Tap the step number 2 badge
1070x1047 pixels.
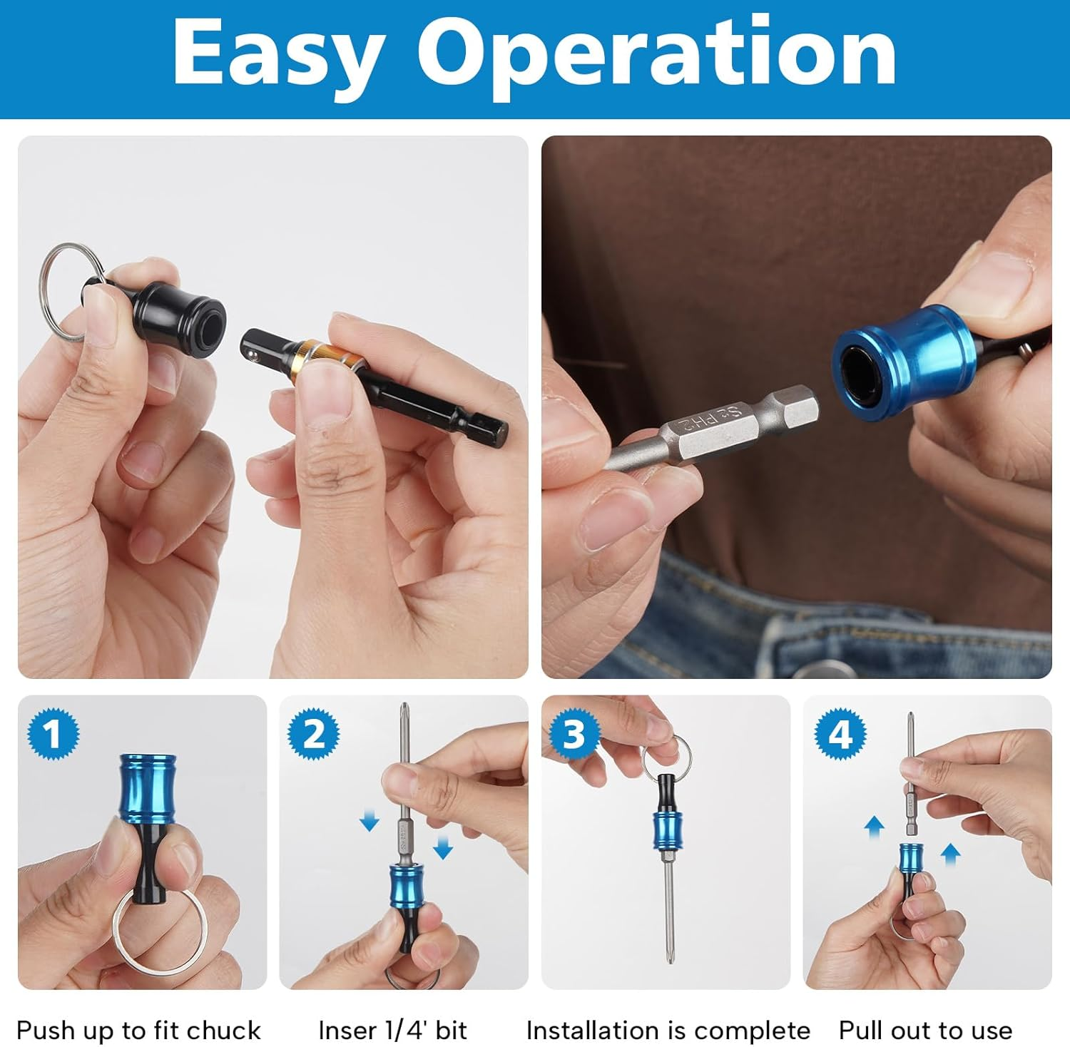click(x=314, y=734)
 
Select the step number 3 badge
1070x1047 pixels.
click(x=574, y=734)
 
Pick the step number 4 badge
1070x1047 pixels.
click(x=841, y=734)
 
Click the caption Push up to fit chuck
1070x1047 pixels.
click(x=138, y=1031)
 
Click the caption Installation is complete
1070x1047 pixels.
click(x=668, y=1031)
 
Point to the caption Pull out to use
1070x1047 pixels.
click(x=925, y=1031)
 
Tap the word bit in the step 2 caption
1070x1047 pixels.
click(x=451, y=1031)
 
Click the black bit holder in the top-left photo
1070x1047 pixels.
click(x=182, y=312)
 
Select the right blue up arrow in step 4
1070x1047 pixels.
click(x=950, y=853)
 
